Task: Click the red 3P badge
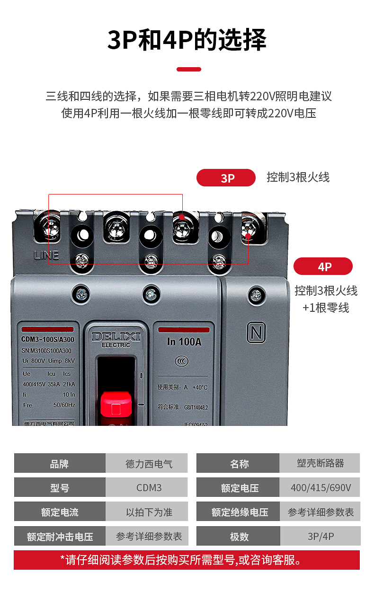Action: tap(226, 177)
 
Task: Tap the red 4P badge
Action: tap(323, 266)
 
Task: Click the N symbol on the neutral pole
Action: tap(256, 333)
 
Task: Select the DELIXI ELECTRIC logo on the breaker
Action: tap(116, 339)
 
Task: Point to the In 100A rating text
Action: tap(184, 342)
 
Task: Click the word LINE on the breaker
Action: tap(46, 255)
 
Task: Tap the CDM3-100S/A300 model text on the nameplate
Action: tap(48, 339)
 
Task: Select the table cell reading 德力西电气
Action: tap(146, 463)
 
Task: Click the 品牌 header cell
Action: tap(60, 463)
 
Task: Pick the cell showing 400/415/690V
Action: tap(321, 487)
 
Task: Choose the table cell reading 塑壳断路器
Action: tap(321, 463)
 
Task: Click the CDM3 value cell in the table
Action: tap(146, 487)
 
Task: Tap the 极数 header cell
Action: tap(239, 536)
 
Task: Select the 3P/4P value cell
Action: tap(321, 536)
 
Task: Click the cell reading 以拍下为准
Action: tap(146, 512)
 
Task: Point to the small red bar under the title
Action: tap(188, 70)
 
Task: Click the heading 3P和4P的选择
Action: tap(187, 40)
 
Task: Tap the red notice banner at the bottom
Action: tap(187, 560)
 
